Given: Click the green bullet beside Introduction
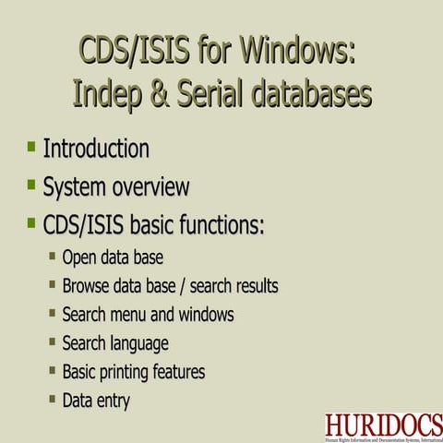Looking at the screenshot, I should (x=31, y=146).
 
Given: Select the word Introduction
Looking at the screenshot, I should (x=96, y=148).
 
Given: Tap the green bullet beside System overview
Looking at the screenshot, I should (x=31, y=185).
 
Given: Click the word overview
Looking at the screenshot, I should (x=150, y=186).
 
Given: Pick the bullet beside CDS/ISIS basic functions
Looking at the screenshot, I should (x=31, y=223).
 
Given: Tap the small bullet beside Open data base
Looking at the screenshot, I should (x=53, y=256).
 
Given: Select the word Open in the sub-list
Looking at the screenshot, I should (x=78, y=257).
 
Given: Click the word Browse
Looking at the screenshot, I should (x=86, y=286).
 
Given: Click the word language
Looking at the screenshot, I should (x=138, y=344).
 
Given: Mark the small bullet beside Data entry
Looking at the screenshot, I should (x=53, y=399).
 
